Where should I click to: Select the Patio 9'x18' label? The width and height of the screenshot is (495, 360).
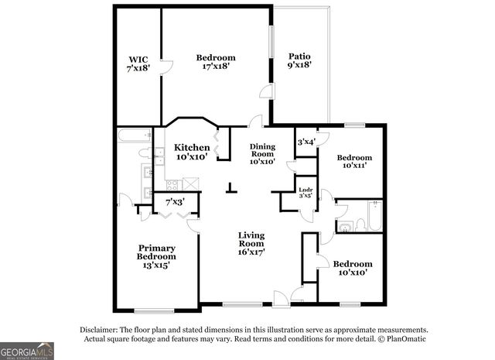pos(300,61)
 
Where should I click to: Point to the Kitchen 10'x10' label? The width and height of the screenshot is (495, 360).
pos(191,153)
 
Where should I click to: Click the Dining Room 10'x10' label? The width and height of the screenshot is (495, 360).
pos(262,154)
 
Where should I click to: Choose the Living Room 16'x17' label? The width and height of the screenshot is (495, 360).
pos(252,243)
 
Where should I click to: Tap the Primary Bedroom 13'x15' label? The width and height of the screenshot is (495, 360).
pos(156,256)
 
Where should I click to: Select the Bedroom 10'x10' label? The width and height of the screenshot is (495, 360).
pos(352,268)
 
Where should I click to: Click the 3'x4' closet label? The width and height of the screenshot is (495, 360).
pos(306,142)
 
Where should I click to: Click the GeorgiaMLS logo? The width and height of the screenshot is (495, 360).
pos(27,351)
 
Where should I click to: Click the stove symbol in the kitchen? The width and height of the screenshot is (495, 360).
pos(172,185)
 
